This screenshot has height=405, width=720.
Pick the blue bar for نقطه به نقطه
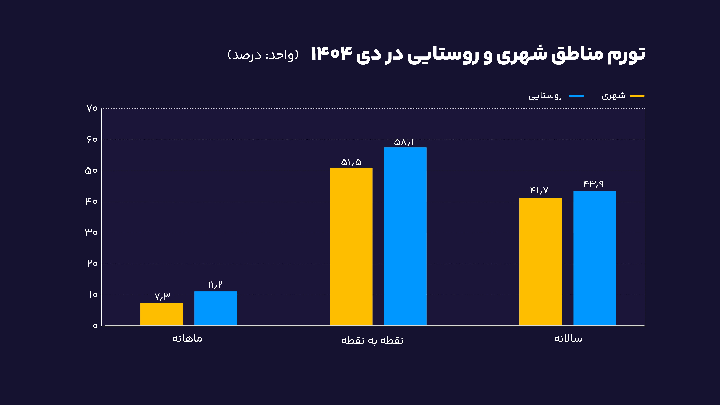[405, 236]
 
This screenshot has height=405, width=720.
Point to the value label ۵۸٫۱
[404, 142]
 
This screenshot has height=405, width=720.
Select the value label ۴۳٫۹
[593, 184]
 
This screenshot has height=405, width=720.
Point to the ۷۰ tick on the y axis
[92, 108]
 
